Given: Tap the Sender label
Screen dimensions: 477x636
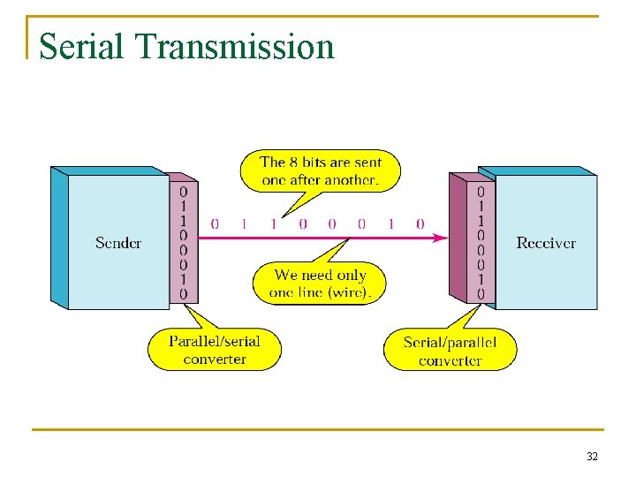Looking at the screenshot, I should click(118, 243).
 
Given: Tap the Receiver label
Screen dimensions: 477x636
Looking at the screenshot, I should click(546, 243).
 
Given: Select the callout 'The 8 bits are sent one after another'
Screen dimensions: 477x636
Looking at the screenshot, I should click(321, 171).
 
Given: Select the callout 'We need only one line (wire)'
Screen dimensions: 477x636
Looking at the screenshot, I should click(319, 284).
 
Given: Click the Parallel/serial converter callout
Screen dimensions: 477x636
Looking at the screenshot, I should click(215, 350).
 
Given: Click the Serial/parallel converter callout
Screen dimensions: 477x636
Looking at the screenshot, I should click(450, 351).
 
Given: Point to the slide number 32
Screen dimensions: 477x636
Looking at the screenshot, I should click(592, 457).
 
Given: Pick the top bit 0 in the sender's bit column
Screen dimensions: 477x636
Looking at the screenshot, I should click(184, 191).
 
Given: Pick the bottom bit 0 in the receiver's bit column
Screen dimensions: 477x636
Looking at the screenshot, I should click(481, 294).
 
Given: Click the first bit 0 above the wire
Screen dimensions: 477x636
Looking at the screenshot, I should click(215, 224).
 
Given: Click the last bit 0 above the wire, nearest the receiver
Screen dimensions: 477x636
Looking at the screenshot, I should click(420, 224).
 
